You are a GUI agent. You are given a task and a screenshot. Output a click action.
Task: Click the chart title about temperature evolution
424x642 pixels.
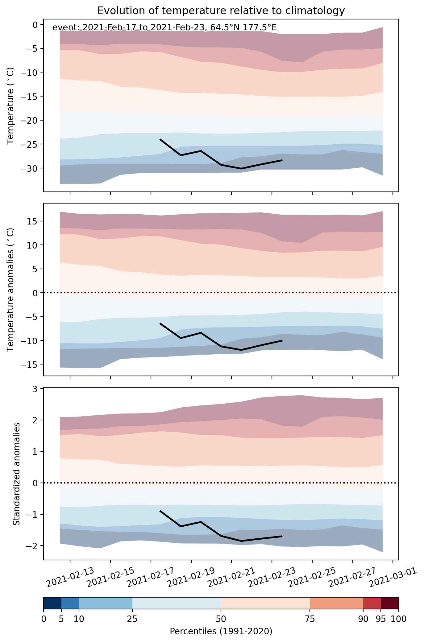221,11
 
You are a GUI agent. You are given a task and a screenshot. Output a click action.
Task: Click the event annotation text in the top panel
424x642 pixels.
164,28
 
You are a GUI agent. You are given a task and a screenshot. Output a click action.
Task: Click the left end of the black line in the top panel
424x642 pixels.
160,139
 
